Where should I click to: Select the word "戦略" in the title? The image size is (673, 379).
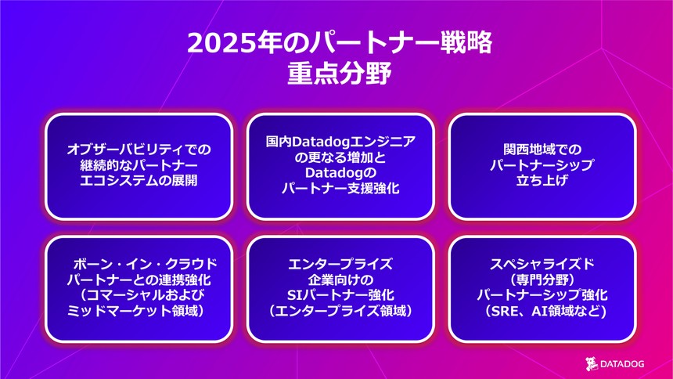(469, 42)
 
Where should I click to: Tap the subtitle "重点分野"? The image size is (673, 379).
(337, 74)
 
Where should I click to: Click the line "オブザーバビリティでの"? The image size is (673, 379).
(139, 149)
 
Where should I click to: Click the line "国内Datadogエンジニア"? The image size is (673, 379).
(340, 141)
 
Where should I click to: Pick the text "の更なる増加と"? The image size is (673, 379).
(340, 157)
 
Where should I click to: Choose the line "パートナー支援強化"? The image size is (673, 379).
(340, 189)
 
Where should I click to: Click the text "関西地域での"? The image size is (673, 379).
(542, 149)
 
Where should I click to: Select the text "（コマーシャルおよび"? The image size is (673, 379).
(139, 295)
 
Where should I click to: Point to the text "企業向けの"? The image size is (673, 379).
(340, 279)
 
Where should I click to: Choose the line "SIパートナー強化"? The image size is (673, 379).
(340, 295)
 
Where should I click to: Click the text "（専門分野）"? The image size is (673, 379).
(542, 279)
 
